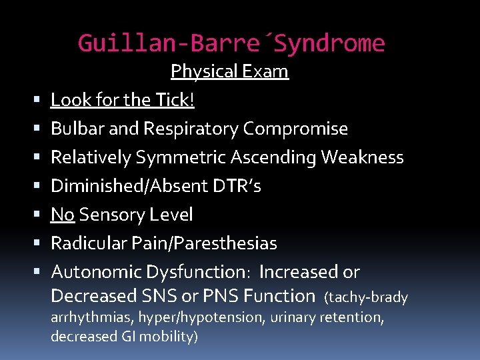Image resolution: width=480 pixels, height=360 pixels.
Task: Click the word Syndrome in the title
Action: point(329,44)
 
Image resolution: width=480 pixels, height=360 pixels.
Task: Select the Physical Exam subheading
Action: point(229,71)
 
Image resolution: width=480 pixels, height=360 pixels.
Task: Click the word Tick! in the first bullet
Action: point(175,100)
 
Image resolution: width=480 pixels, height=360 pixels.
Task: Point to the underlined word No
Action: point(63,215)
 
